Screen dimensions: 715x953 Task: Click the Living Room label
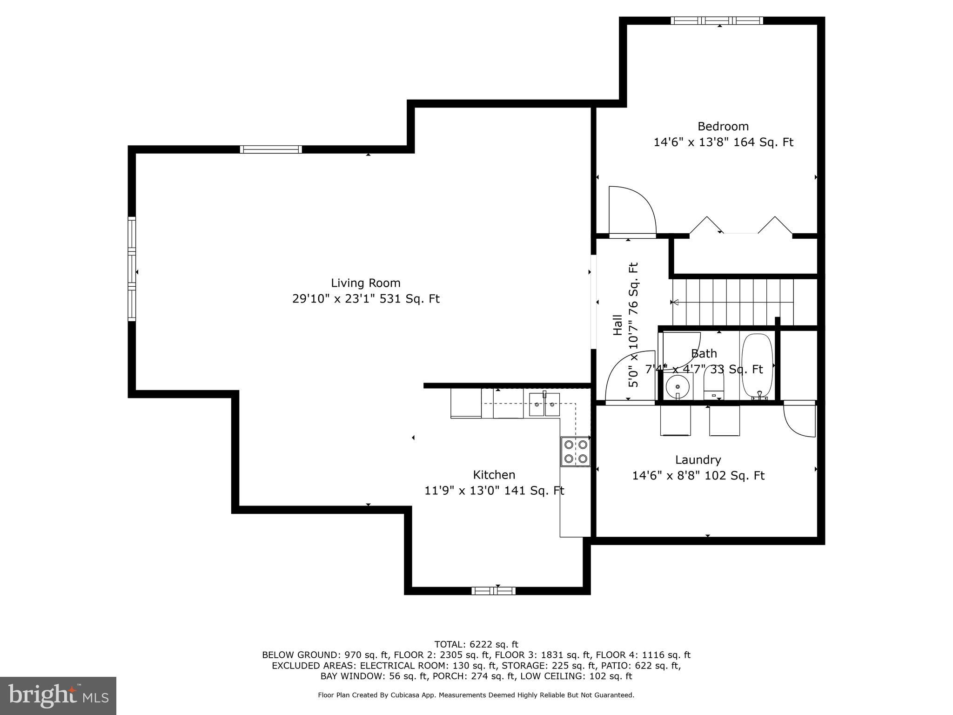click(x=365, y=283)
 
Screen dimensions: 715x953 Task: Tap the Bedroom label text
click(x=723, y=127)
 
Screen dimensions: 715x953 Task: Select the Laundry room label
click(x=698, y=460)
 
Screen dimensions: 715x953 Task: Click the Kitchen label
click(x=494, y=475)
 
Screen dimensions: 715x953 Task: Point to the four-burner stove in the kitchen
click(x=575, y=451)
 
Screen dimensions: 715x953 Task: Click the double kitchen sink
click(x=544, y=404)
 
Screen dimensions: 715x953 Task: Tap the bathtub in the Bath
click(x=757, y=366)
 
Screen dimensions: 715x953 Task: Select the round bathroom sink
click(x=677, y=386)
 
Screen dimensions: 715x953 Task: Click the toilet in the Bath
click(x=713, y=384)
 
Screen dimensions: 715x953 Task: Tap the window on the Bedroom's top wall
click(x=717, y=20)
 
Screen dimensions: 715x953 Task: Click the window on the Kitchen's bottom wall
click(x=493, y=591)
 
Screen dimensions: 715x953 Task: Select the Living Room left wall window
click(x=132, y=269)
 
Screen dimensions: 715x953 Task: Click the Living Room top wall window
click(x=271, y=149)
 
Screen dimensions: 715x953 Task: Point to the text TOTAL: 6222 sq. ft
click(x=476, y=644)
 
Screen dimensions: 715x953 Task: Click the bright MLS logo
click(x=58, y=695)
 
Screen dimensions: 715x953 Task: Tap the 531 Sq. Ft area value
click(x=409, y=299)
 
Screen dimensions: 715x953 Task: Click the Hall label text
click(x=617, y=325)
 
